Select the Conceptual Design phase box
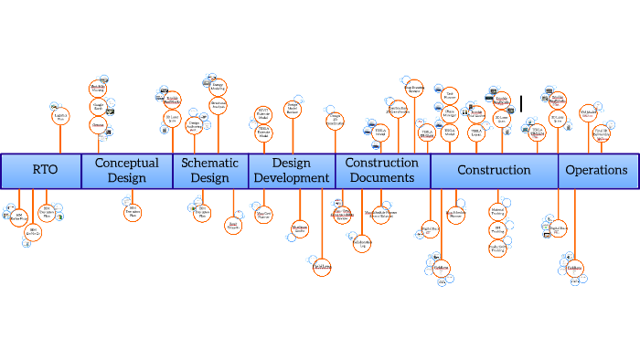pos(127,171)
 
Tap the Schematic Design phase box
pos(210,171)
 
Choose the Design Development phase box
pos(292,171)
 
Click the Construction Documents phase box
pos(382,171)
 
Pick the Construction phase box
pos(494,171)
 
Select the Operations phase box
pos(596,171)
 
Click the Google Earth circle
pos(98,106)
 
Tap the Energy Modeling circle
pos(218,88)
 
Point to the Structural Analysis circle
pos(219,106)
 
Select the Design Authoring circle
pos(194,125)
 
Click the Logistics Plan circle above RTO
pos(60,116)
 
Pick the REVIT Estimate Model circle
pos(262,114)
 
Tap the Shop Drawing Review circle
pos(414,90)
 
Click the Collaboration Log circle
pos(361,242)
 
